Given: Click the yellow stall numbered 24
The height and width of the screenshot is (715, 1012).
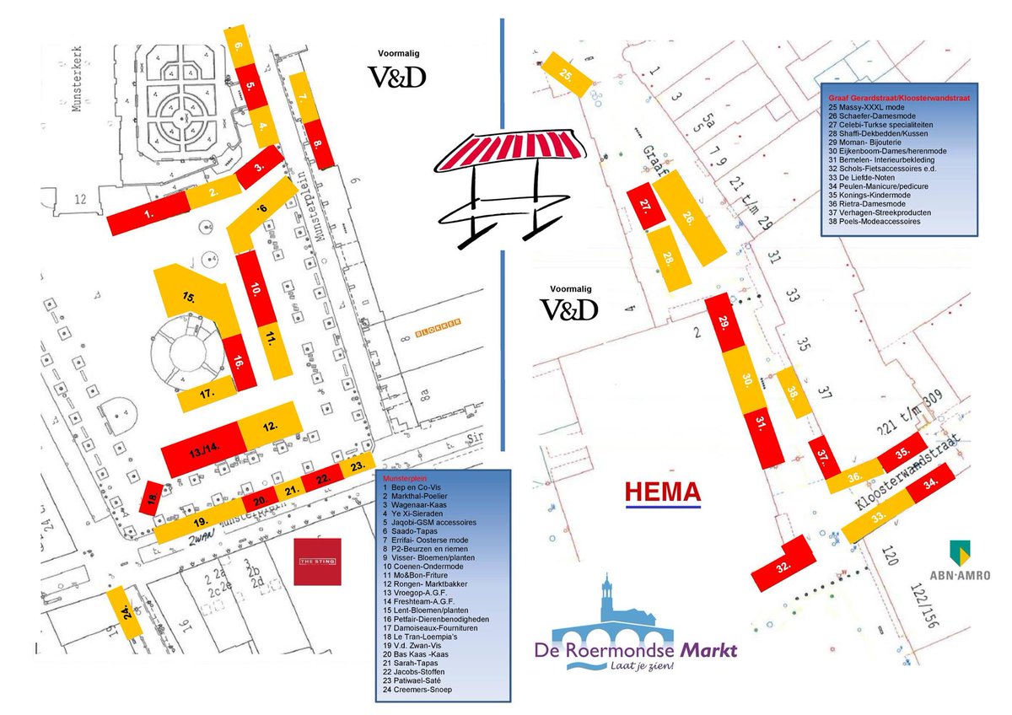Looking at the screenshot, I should tap(123, 610).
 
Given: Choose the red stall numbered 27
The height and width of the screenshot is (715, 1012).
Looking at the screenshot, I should tap(646, 207).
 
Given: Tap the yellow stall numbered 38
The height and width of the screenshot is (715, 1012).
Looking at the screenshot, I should tap(793, 392).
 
